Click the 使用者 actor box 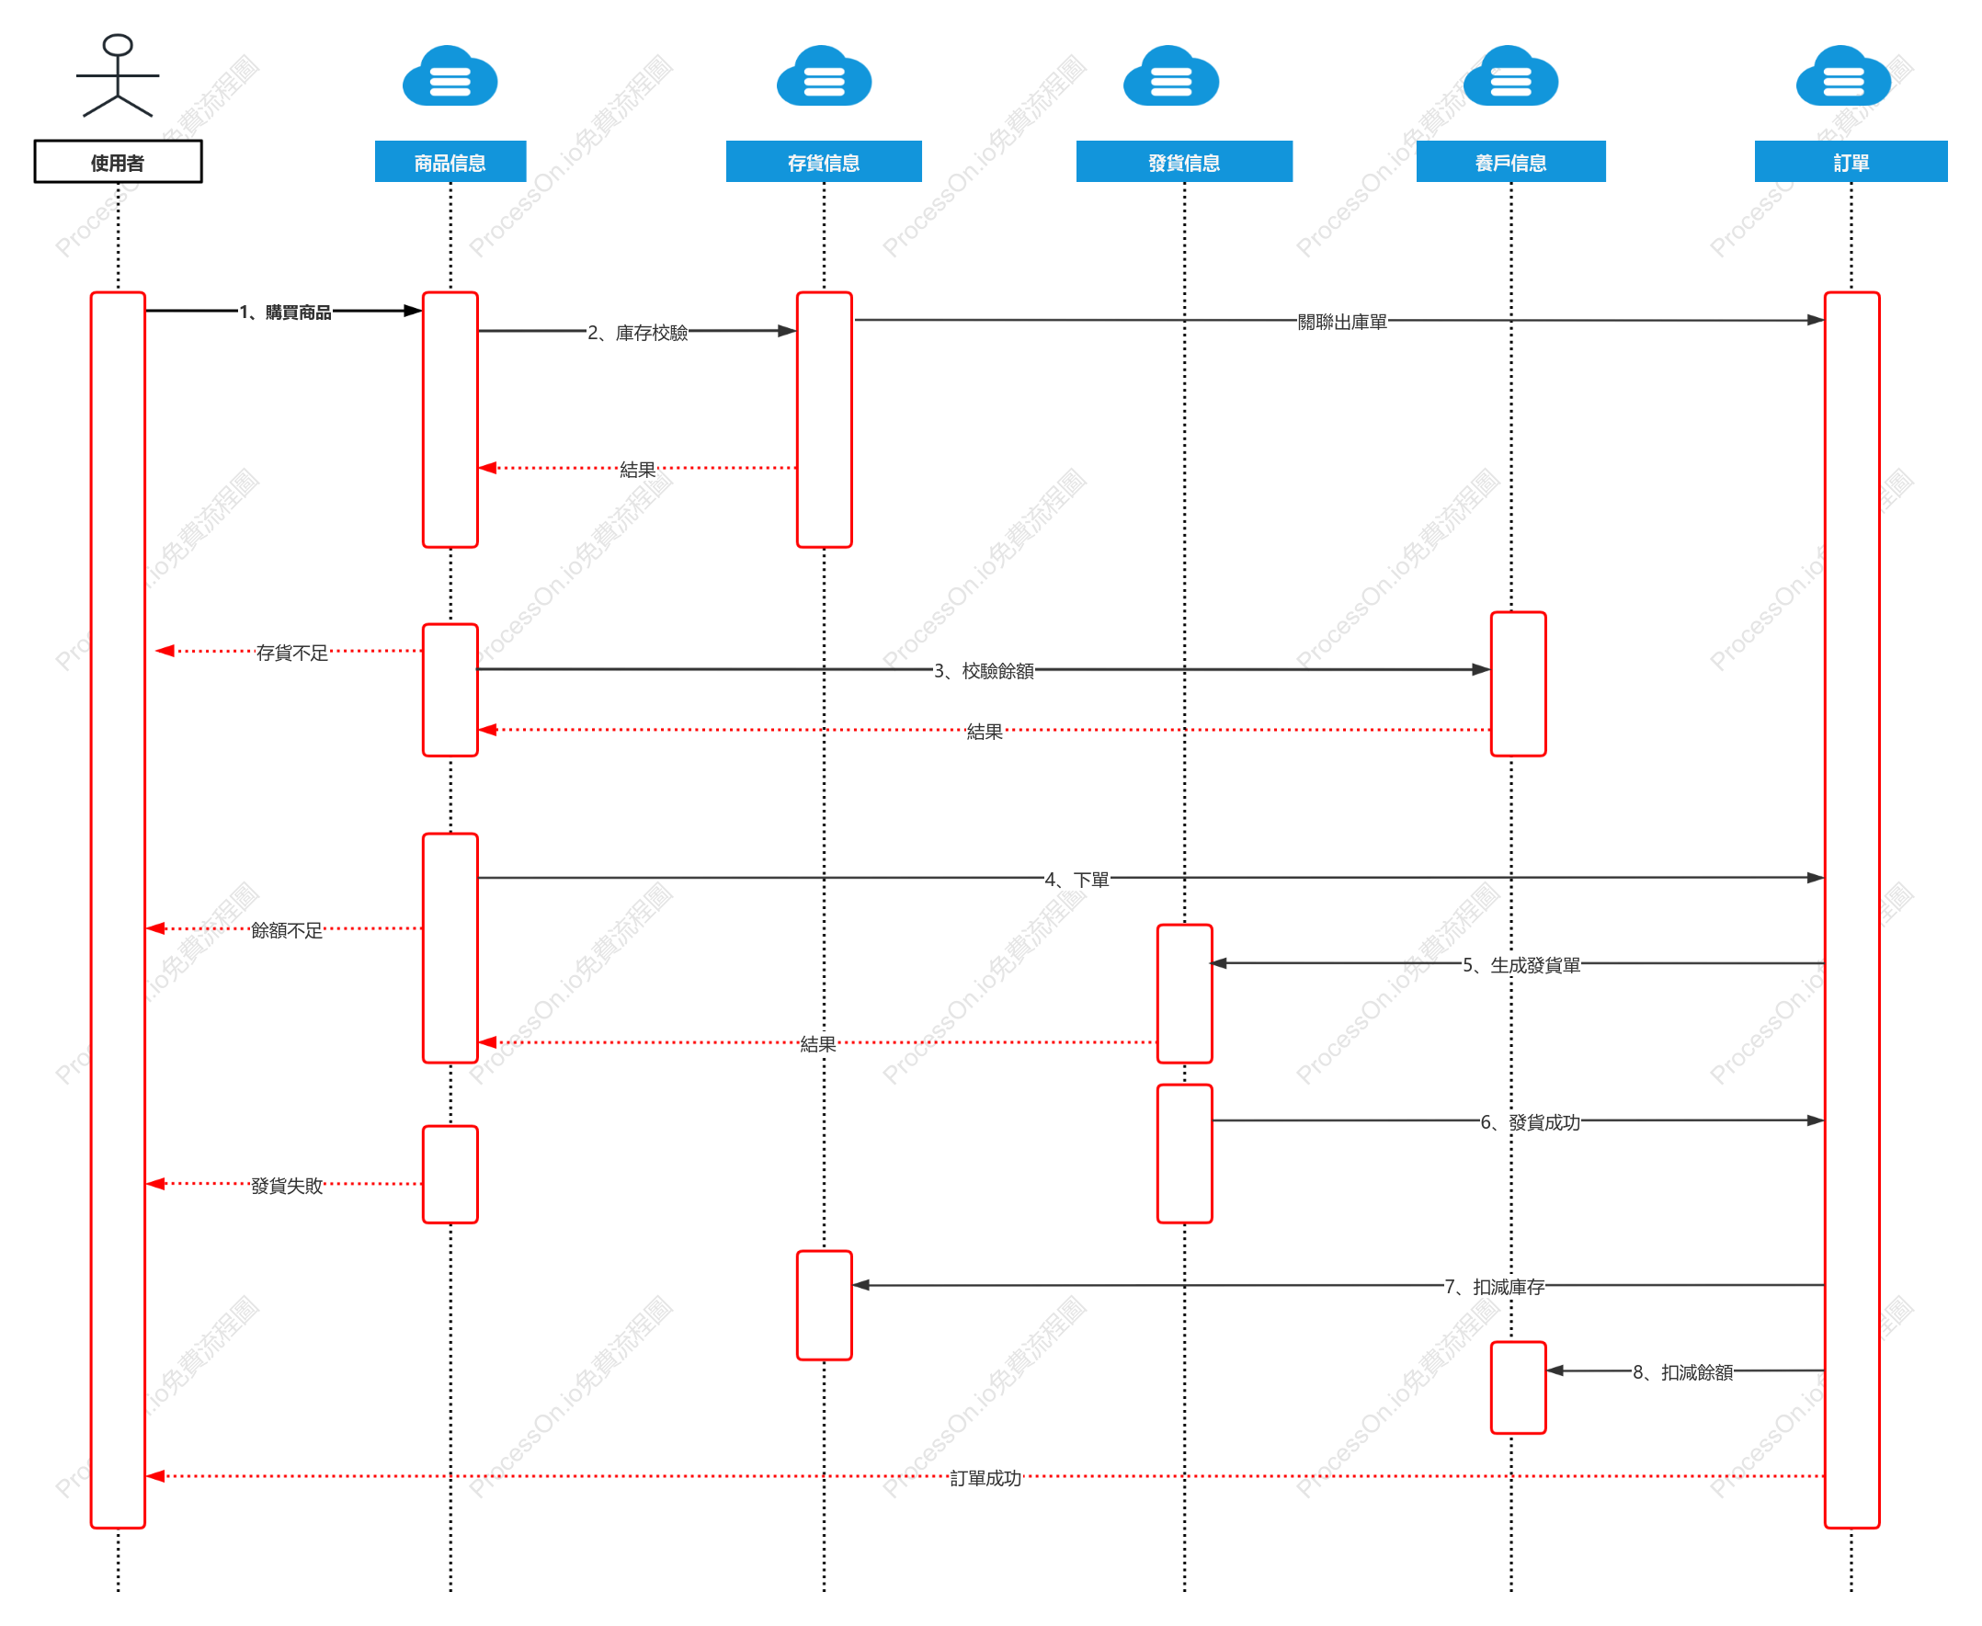pyautogui.click(x=118, y=161)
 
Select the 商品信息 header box pyautogui.click(x=450, y=161)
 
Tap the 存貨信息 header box pyautogui.click(x=824, y=161)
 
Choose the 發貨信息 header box pyautogui.click(x=1184, y=161)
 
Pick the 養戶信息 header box pyautogui.click(x=1509, y=161)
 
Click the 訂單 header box pyautogui.click(x=1850, y=161)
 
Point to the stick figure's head pyautogui.click(x=118, y=45)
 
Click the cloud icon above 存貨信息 pyautogui.click(x=824, y=76)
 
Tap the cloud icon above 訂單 pyautogui.click(x=1842, y=76)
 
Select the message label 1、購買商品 pyautogui.click(x=285, y=312)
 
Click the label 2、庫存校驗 pyautogui.click(x=637, y=333)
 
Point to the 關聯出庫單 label pyautogui.click(x=1341, y=323)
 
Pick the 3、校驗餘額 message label pyautogui.click(x=984, y=671)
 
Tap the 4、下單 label pyautogui.click(x=1076, y=880)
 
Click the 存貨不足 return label pyautogui.click(x=292, y=653)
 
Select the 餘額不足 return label pyautogui.click(x=287, y=930)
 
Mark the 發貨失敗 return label pyautogui.click(x=287, y=1186)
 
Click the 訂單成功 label pyautogui.click(x=985, y=1478)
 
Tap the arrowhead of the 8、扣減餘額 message pyautogui.click(x=1555, y=1370)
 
